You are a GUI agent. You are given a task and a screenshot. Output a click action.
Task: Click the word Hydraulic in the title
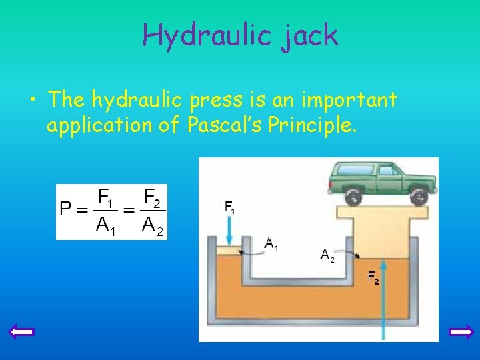[x=204, y=35]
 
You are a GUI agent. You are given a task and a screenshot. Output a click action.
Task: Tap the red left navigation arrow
[x=23, y=331]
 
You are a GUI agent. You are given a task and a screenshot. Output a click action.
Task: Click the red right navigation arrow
[x=461, y=331]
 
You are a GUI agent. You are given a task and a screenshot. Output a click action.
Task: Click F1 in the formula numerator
[x=106, y=198]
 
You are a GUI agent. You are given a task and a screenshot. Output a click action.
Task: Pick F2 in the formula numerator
[x=151, y=198]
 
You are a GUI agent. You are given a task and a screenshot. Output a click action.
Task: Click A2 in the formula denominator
[x=152, y=225]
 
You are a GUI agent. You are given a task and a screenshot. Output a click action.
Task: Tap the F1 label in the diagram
[x=229, y=207]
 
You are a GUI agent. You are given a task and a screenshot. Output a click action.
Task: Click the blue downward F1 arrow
[x=229, y=230]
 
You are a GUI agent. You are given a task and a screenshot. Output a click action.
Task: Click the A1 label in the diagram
[x=271, y=244]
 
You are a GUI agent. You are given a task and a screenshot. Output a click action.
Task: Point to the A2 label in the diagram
[x=327, y=255]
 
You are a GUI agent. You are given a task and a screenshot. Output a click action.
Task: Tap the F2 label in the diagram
[x=373, y=277]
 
